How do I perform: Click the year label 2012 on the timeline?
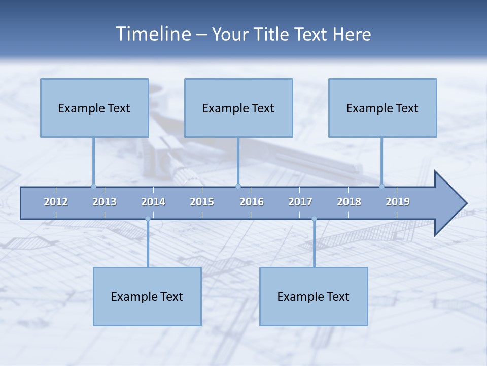(56, 202)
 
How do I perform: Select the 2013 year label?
(105, 202)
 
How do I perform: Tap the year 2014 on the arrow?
(153, 202)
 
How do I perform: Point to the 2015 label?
(202, 202)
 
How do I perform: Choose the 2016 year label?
(252, 202)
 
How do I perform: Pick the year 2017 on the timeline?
(300, 202)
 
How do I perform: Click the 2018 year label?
(349, 202)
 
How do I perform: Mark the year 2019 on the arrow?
(398, 202)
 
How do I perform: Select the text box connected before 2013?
(94, 108)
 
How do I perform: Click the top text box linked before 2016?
(238, 108)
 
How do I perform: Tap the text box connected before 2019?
(382, 108)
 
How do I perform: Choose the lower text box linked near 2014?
(147, 296)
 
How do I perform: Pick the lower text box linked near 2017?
(314, 296)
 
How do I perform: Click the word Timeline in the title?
(153, 34)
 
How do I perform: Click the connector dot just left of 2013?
(93, 186)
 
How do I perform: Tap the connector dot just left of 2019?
(381, 186)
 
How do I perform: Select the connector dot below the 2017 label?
(314, 219)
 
